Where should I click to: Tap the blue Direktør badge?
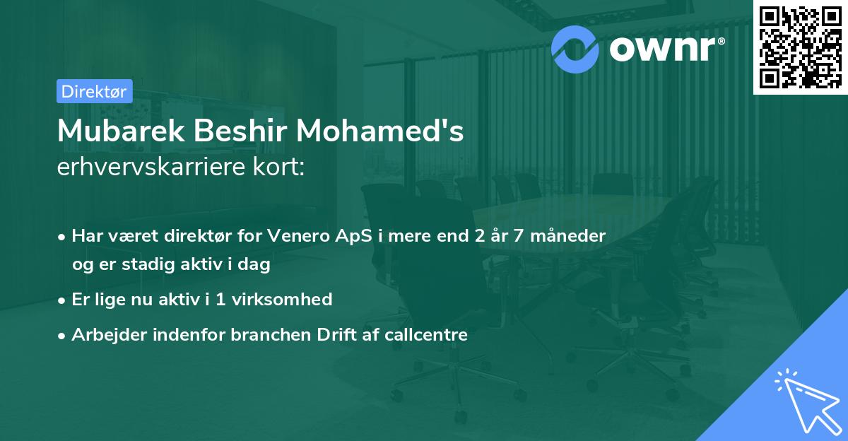[x=94, y=91]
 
